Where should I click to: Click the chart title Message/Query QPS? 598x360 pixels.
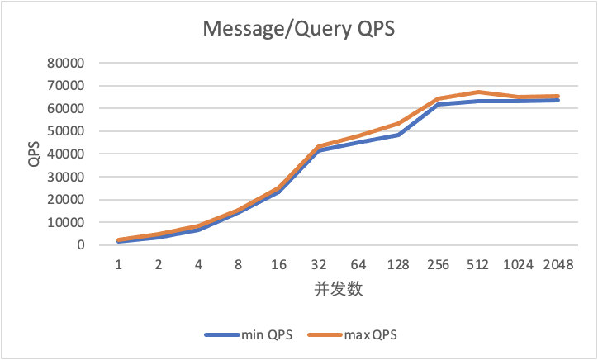[299, 29]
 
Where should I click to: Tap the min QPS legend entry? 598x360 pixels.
[249, 335]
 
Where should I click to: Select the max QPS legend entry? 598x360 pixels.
[352, 335]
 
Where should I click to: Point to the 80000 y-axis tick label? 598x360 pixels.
[65, 63]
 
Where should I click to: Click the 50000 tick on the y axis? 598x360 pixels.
[65, 131]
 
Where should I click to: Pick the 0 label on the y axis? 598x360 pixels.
[80, 245]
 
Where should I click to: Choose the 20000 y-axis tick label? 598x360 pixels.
[65, 200]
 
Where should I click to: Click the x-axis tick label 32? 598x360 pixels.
[319, 264]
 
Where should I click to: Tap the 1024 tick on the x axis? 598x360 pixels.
[518, 264]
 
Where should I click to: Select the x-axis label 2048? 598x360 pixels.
[558, 264]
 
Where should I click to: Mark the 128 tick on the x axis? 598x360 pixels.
[398, 264]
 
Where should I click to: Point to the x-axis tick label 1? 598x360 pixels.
[119, 264]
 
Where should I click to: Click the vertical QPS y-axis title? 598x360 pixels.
[34, 154]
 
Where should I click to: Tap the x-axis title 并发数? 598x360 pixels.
[339, 289]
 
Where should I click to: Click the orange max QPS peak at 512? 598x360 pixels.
[478, 92]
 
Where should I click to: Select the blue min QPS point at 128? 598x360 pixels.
[398, 135]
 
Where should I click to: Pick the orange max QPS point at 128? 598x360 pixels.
[398, 123]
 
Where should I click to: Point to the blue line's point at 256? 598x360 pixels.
[439, 104]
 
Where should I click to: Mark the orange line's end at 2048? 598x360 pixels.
[558, 96]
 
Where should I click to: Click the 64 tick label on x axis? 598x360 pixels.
[358, 264]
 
